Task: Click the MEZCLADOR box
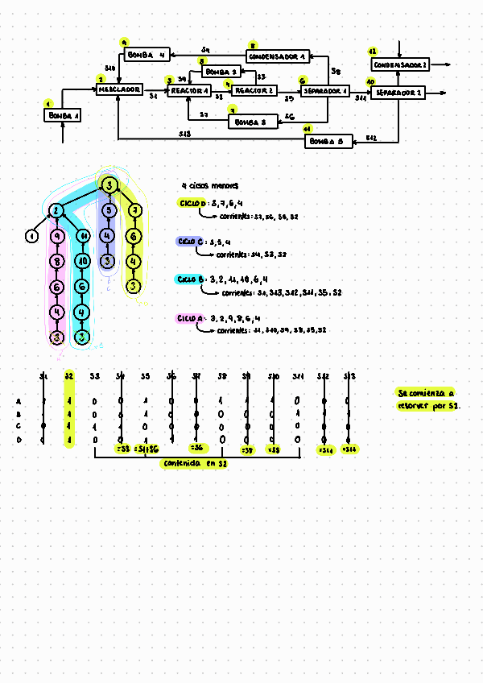coord(120,90)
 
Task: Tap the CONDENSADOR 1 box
coord(278,56)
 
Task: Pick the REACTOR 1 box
coord(190,91)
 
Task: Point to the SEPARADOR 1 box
coord(324,92)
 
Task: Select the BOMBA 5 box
coord(329,142)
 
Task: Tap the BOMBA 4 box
coord(146,56)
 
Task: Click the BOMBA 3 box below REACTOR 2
coord(253,122)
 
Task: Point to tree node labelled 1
coord(31,236)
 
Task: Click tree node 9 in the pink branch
coord(56,237)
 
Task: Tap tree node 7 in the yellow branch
coord(135,212)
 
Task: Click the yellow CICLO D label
coord(192,202)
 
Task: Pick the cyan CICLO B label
coord(190,279)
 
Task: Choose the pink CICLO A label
coord(190,319)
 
